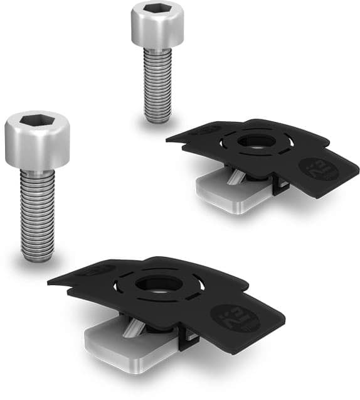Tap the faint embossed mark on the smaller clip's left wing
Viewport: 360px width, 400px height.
(208, 130)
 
